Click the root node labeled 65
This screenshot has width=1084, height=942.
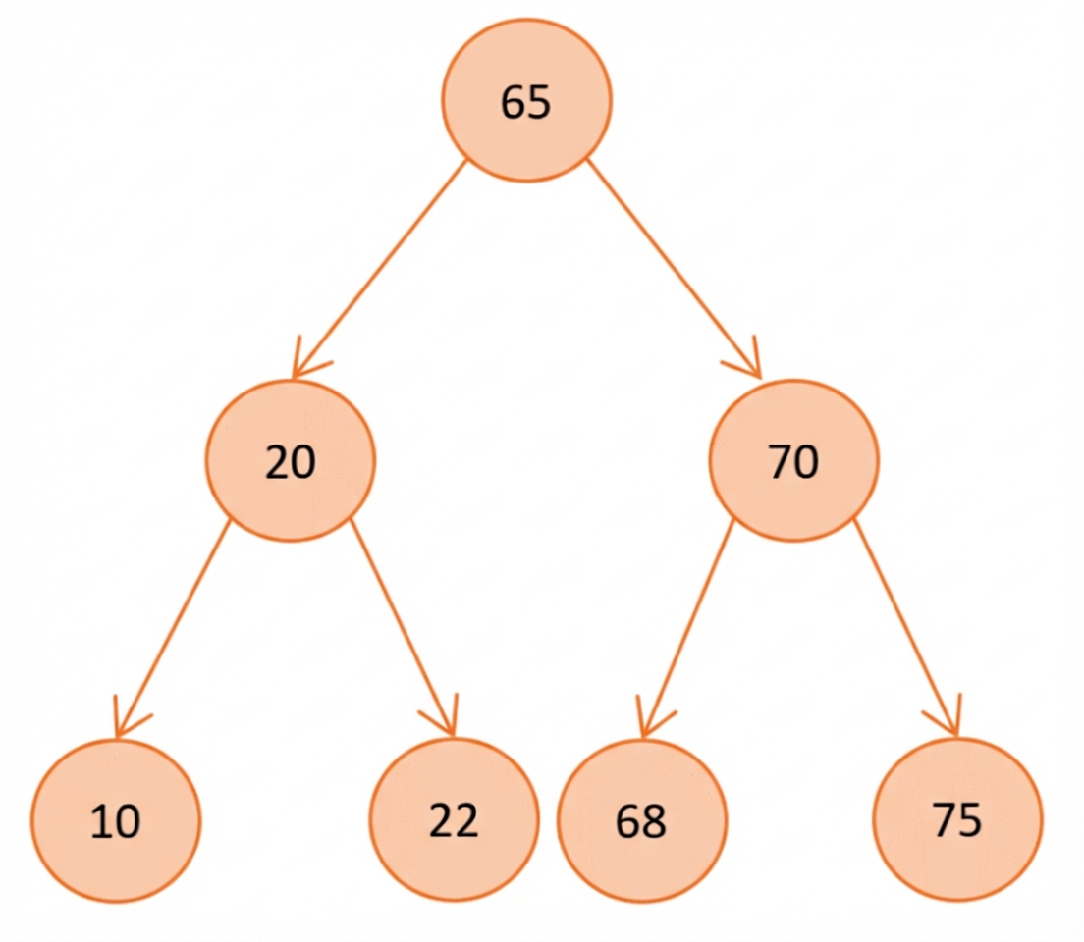[527, 100]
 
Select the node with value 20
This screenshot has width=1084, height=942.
[291, 461]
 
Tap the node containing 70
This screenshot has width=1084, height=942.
[793, 461]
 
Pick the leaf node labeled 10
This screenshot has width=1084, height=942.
[116, 820]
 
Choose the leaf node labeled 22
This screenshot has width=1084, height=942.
[454, 819]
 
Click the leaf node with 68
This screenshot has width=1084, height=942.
[641, 820]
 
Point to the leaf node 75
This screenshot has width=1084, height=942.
[957, 819]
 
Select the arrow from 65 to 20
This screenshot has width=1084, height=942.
[380, 269]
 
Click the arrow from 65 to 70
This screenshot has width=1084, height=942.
[674, 269]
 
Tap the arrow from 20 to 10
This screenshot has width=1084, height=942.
[173, 629]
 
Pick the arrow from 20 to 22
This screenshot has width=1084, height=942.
[403, 628]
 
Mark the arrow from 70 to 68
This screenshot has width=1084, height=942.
[687, 629]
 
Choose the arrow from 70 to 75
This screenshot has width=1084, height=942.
[907, 628]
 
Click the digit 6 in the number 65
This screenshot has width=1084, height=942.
[513, 102]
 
